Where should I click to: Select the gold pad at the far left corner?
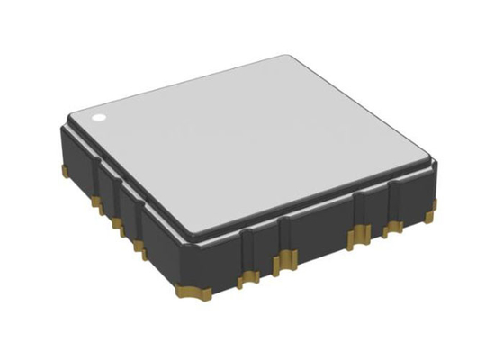pyautogui.click(x=64, y=167)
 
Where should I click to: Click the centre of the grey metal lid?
pyautogui.click(x=256, y=144)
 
